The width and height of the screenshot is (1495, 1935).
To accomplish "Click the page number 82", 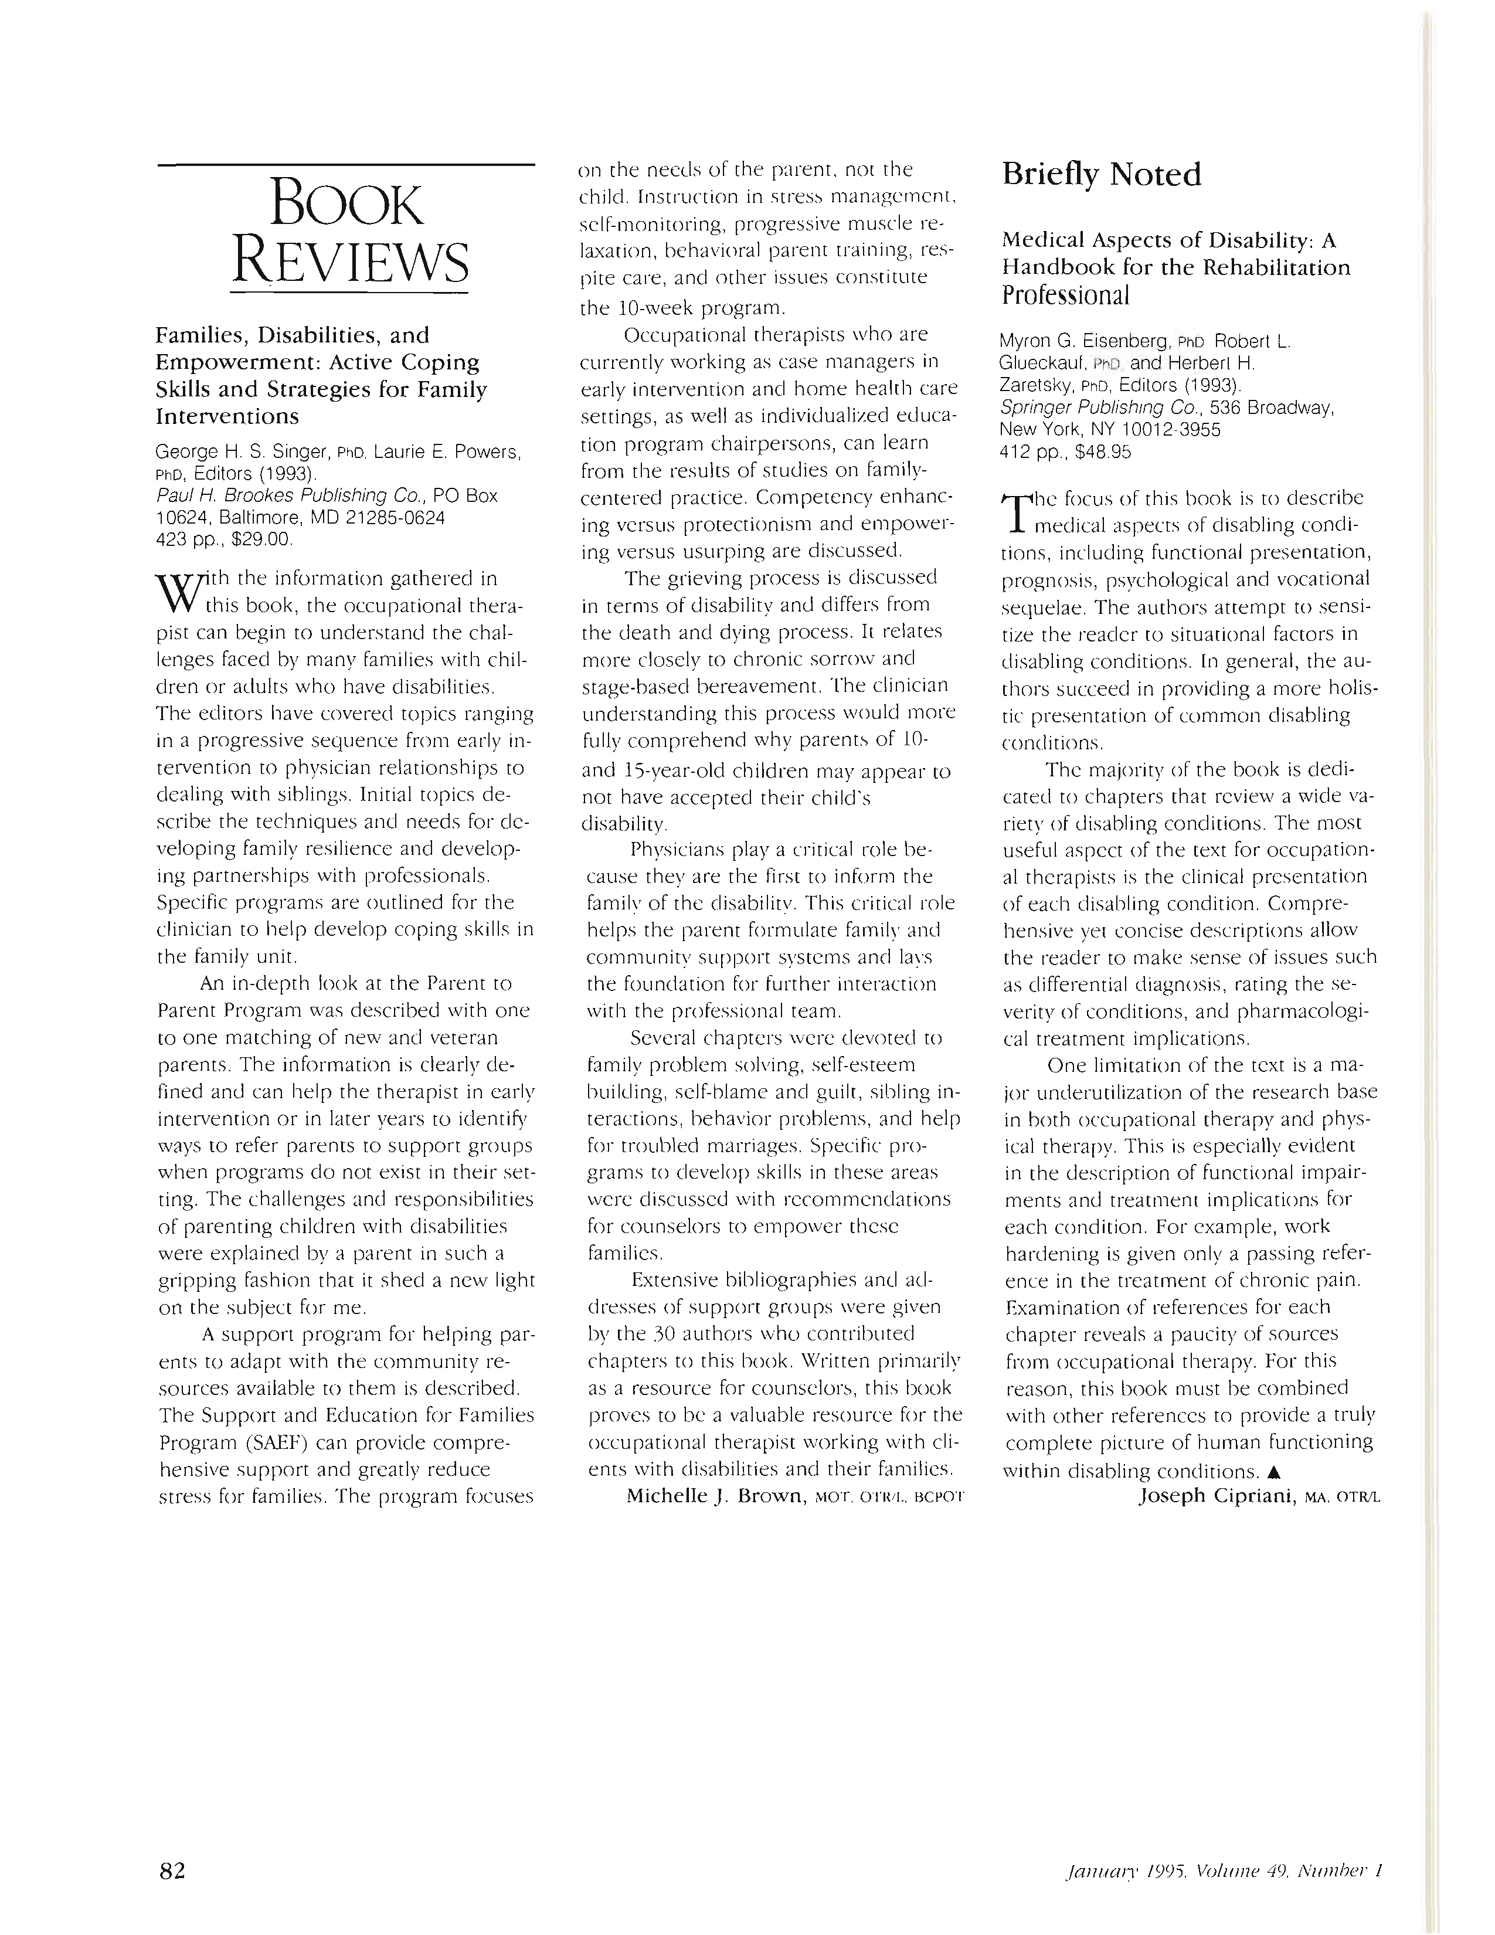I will click(172, 1871).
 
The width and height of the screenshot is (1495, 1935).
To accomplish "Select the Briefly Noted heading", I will click(1101, 175).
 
